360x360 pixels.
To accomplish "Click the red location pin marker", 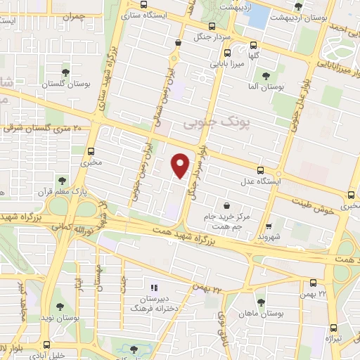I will pyautogui.click(x=181, y=165).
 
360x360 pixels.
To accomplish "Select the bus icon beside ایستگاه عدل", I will pyautogui.click(x=261, y=171).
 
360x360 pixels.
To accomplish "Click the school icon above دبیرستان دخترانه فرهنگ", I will pyautogui.click(x=155, y=287).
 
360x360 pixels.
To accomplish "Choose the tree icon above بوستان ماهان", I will pyautogui.click(x=261, y=303).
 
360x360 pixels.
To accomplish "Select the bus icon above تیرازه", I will pyautogui.click(x=333, y=328).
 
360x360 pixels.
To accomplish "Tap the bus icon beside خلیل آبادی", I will pyautogui.click(x=47, y=345).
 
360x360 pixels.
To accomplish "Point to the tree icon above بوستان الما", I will pyautogui.click(x=265, y=77).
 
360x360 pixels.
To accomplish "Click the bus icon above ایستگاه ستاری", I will pyautogui.click(x=144, y=3).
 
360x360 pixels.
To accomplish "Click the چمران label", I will pyautogui.click(x=72, y=15).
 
